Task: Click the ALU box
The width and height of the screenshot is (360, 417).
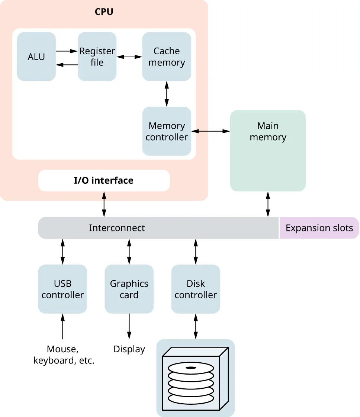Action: coord(36,57)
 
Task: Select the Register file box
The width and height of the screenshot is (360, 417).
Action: coord(97,57)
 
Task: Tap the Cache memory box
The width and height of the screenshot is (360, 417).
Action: coord(167,57)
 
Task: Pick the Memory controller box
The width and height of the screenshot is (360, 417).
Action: coord(167,131)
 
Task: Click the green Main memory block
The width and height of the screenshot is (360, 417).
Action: coord(268,151)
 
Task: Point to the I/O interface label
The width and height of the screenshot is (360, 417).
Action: coord(104,181)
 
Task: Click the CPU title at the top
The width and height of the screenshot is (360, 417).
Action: coord(104,12)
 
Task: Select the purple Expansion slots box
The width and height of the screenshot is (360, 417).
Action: coord(319,228)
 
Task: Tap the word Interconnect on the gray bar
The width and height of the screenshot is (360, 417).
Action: coord(117,228)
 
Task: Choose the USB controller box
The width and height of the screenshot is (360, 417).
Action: coord(62,289)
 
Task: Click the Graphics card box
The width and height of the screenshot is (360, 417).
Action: coord(129,289)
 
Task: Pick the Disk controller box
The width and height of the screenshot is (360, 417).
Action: coord(196,289)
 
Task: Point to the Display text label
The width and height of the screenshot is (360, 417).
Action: coord(129,349)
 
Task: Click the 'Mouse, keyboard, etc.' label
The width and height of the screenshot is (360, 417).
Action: coord(64,355)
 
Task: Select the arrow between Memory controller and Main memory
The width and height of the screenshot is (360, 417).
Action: coord(210,131)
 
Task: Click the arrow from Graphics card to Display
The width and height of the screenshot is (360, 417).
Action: coord(129,326)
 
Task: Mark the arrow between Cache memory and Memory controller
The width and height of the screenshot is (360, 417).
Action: coord(167,94)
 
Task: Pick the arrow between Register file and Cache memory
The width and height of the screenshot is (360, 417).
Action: coord(129,57)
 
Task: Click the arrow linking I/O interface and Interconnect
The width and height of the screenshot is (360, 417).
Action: coord(104,204)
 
